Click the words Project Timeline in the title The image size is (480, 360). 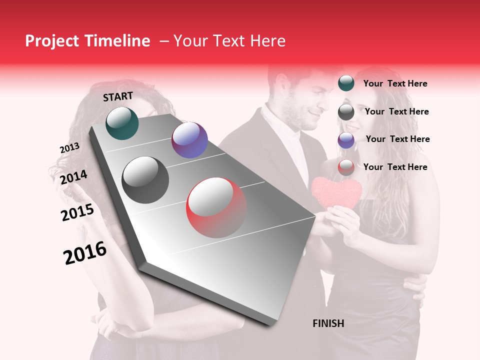87,41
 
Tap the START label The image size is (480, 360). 118,96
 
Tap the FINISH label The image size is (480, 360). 328,323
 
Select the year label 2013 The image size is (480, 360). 69,148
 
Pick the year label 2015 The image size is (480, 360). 77,212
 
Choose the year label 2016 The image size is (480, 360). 85,253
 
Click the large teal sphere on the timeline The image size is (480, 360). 122,123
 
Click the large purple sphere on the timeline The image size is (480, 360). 189,140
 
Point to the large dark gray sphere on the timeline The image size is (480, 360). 145,180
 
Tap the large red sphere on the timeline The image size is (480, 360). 216,207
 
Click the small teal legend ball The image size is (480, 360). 346,83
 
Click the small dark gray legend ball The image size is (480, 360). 346,112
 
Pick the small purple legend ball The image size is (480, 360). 346,140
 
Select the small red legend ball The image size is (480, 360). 346,167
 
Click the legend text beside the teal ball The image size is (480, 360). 395,83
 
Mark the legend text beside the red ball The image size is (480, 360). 395,167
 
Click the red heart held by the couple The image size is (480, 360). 336,192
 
